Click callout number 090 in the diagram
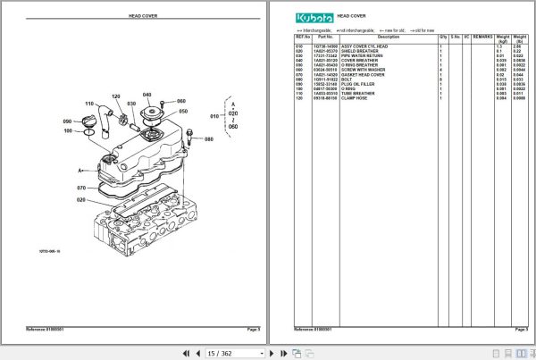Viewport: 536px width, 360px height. point(66,121)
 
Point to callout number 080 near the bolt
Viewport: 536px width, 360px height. point(208,139)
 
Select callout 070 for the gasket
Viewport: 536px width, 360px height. point(80,188)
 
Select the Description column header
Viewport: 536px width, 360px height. point(389,38)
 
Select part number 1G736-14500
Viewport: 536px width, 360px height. point(324,44)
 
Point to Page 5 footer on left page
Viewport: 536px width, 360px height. point(252,330)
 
